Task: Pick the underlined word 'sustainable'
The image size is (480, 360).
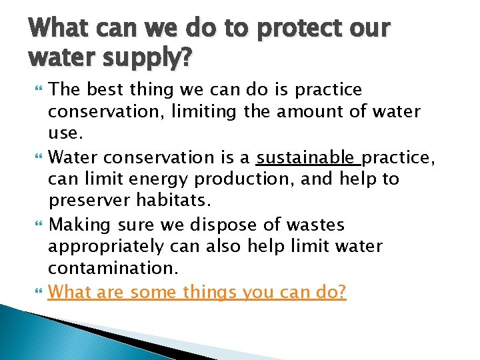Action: pos(305,157)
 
